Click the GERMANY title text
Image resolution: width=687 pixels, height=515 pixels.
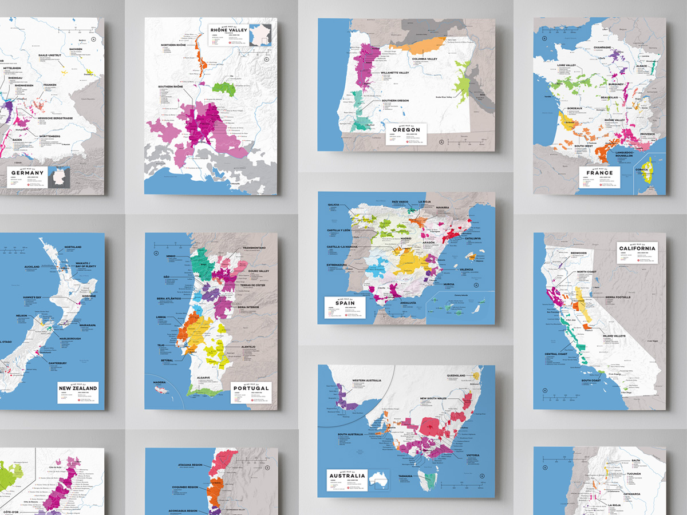click(x=27, y=173)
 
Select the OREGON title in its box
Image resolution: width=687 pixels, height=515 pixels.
click(x=406, y=130)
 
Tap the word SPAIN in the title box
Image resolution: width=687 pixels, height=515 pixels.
click(x=343, y=302)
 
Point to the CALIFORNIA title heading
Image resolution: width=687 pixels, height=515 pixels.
click(x=636, y=248)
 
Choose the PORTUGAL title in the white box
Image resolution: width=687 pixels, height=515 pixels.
click(x=251, y=388)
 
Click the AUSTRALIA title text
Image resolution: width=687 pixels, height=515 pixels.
click(x=346, y=476)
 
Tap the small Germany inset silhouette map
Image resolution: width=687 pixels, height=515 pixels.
click(x=58, y=177)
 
